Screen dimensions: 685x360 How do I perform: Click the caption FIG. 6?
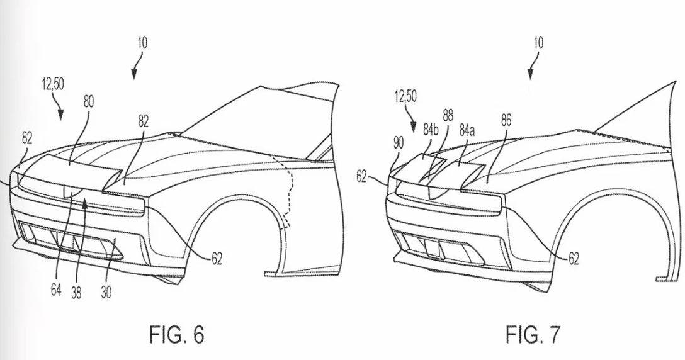176,335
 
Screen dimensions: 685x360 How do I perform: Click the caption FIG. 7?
533,335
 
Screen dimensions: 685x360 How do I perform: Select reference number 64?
56,290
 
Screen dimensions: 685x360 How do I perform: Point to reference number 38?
76,292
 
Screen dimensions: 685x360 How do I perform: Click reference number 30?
106,292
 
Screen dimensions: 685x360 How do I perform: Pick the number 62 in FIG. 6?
217,259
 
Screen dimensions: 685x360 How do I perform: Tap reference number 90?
399,143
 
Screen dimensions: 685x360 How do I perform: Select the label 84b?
430,130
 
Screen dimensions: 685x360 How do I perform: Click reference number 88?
448,116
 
